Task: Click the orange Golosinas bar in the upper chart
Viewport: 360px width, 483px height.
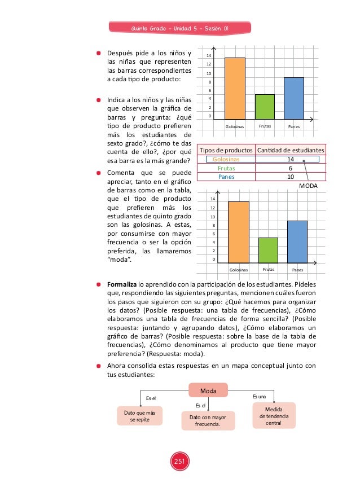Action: pos(235,89)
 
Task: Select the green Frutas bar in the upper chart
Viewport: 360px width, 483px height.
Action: pos(265,107)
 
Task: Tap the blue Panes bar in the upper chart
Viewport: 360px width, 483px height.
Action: pos(293,98)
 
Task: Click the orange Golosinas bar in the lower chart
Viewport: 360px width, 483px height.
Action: pos(238,232)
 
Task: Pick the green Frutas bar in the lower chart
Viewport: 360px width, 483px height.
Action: pos(268,250)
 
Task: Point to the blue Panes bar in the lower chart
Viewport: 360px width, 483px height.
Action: pos(297,242)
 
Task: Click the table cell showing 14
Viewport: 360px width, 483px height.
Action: pos(290,160)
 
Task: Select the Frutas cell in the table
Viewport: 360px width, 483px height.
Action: pos(225,168)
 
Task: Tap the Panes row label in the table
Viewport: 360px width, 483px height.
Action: pos(225,177)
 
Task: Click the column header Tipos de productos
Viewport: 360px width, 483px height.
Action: pos(225,150)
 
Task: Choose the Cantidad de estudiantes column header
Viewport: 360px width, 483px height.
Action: pos(290,150)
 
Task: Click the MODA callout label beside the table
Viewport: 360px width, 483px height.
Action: pos(308,185)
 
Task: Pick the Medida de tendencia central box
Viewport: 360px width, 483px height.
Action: pos(273,415)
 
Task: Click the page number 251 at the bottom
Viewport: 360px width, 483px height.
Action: pos(180,462)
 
